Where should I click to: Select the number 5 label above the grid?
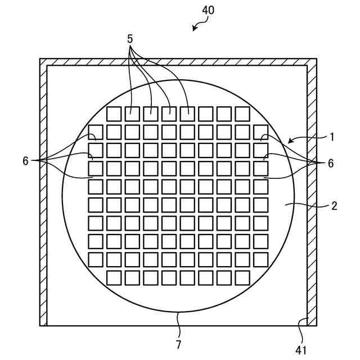130,39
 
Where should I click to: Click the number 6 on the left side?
25,161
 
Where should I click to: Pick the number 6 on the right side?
331,163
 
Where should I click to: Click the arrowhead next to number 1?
290,140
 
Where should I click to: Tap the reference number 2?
334,206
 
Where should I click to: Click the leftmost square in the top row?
114,114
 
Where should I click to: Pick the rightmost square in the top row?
242,114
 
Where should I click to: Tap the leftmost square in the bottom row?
114,278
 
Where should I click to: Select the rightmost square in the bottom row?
242,278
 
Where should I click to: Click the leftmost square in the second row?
96,132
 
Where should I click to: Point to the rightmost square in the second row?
260,132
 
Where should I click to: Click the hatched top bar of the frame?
178,62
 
